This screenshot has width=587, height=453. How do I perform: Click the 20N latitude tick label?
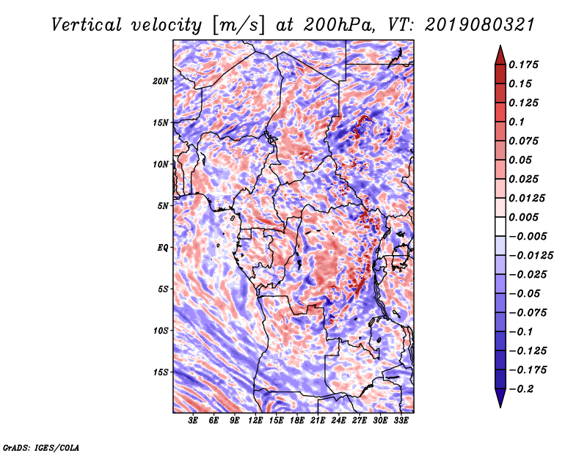coord(161,81)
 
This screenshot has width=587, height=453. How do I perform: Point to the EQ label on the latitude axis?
coord(162,248)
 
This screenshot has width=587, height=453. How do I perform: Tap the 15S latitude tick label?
coord(161,372)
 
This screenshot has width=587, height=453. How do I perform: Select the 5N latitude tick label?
coord(163,206)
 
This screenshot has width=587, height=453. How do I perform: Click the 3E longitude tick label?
coord(193,421)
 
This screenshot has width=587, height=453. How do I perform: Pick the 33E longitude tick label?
coord(401,421)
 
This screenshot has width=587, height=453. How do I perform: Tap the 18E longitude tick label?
coord(297,421)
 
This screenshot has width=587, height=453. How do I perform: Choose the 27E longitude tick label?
coord(360,421)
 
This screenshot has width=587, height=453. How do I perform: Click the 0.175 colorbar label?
coord(523,65)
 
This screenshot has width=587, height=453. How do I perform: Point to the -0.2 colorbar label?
coord(521,389)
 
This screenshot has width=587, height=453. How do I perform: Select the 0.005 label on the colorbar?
coord(523,217)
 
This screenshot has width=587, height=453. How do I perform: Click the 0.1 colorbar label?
coord(517,122)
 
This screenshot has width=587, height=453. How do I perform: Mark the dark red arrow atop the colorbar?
coord(500,55)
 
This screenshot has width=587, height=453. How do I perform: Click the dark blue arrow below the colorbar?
coord(500,398)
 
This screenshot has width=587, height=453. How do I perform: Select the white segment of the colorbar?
coord(500,226)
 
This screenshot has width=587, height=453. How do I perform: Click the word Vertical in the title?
coord(87,25)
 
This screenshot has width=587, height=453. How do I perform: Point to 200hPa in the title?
coord(339,25)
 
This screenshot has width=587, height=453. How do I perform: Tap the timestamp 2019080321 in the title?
coord(480,25)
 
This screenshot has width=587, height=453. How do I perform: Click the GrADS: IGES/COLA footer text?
coord(41,447)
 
